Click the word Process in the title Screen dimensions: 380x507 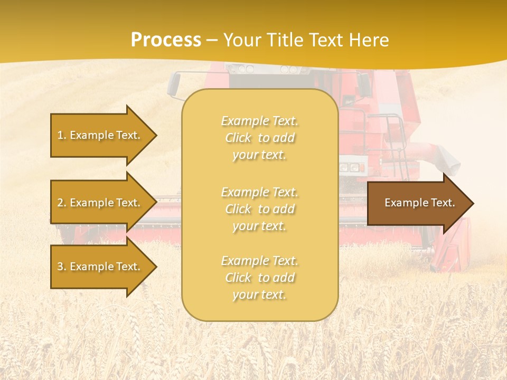tap(166, 40)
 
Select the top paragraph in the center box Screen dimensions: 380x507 tap(259, 138)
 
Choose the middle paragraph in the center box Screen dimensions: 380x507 tap(259, 209)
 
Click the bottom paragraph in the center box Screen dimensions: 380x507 tap(259, 278)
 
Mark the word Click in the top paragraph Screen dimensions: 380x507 tap(239, 138)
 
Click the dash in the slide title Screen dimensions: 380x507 tap(212, 41)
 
